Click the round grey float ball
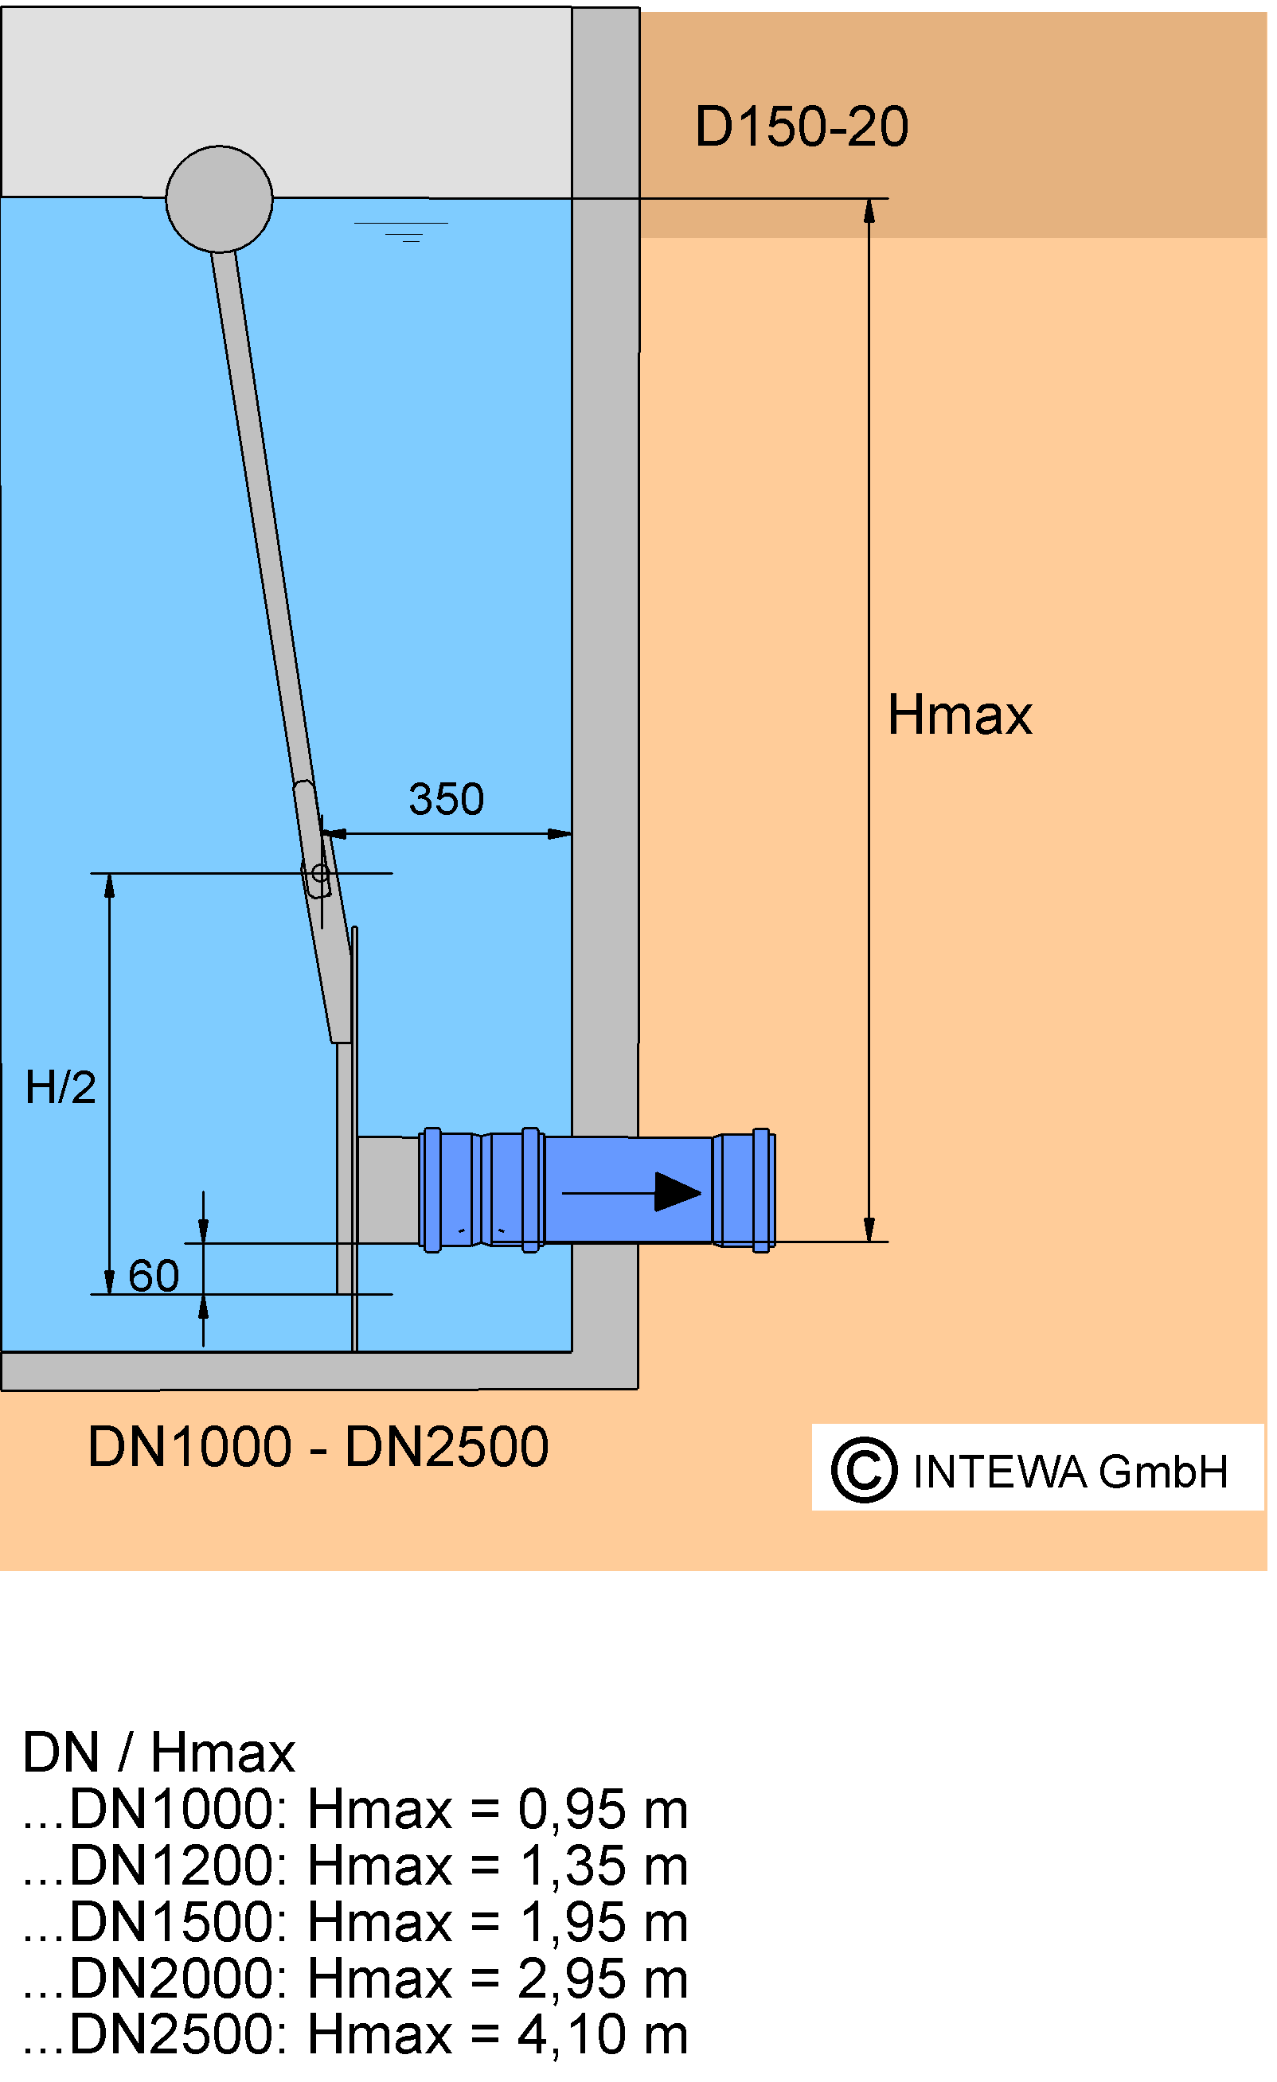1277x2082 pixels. (x=220, y=200)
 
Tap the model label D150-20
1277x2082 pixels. (x=801, y=127)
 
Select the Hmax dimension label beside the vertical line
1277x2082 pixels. (x=959, y=715)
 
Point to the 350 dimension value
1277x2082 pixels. (x=446, y=798)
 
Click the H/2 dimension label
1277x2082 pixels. (x=60, y=1086)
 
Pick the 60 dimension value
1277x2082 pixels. (x=154, y=1275)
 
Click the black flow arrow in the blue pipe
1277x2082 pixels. (x=631, y=1192)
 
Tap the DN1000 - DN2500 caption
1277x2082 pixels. (x=318, y=1447)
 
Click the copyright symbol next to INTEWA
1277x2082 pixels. (x=863, y=1470)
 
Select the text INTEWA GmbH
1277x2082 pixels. (x=1070, y=1471)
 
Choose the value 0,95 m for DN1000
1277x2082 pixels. (x=603, y=1810)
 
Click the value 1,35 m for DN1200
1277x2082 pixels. (x=603, y=1866)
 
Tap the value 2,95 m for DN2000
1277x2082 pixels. (x=603, y=1979)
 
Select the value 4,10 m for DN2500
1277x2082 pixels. (x=603, y=2035)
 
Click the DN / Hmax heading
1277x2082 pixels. (x=159, y=1753)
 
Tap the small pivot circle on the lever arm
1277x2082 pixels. (x=320, y=873)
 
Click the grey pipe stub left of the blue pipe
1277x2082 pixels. (x=389, y=1191)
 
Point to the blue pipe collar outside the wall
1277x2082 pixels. (x=744, y=1190)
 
